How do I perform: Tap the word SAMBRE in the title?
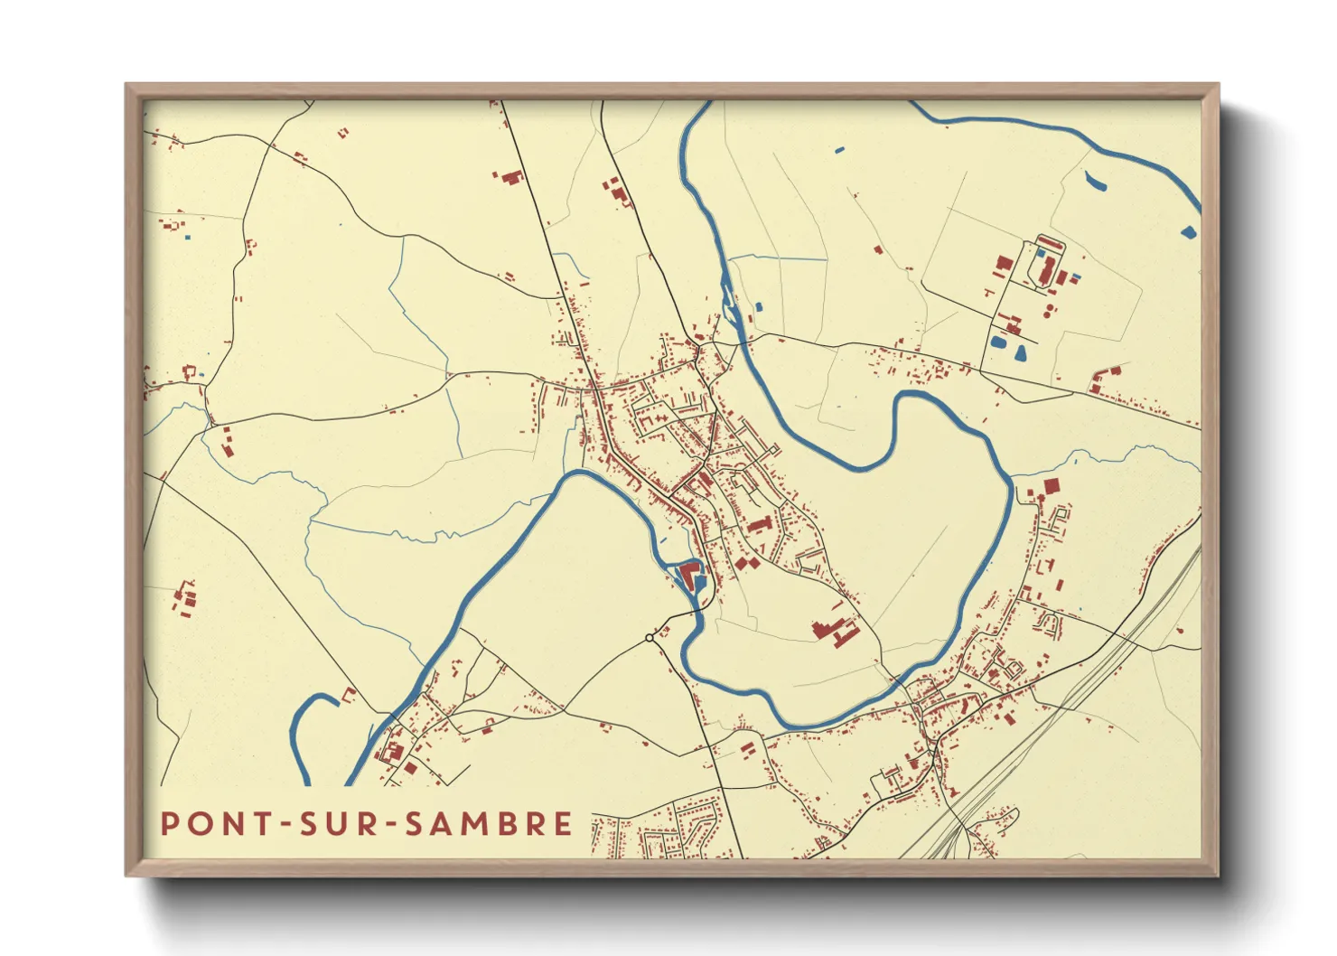487,823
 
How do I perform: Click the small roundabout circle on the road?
649,638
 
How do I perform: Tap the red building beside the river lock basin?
690,575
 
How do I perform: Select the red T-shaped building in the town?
759,525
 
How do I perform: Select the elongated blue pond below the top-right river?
1094,182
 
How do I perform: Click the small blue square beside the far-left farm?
188,238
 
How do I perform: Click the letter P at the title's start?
168,823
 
